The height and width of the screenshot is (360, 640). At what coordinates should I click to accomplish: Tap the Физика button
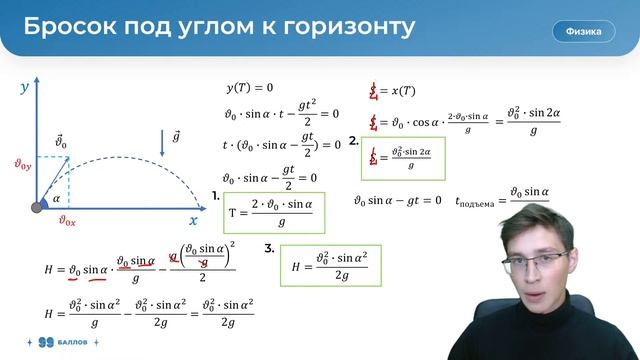click(583, 31)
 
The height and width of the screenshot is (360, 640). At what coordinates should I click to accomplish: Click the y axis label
click(25, 88)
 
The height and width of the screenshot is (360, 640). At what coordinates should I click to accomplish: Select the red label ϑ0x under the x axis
click(67, 222)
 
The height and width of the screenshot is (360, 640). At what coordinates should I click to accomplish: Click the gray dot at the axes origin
click(38, 207)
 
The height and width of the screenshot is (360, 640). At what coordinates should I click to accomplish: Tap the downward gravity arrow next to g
click(162, 142)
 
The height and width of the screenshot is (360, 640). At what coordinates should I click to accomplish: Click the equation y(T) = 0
click(250, 88)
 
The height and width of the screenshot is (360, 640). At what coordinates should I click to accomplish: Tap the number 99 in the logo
click(44, 342)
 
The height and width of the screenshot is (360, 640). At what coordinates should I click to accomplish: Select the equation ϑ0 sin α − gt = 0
click(397, 200)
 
